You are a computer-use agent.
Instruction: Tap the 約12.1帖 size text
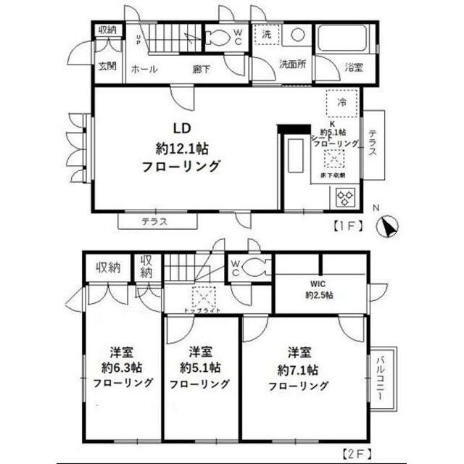183,148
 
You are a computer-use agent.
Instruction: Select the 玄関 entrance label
107,66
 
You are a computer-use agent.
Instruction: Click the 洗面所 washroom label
293,64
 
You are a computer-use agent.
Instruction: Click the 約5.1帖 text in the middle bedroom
200,368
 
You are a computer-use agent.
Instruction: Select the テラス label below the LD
154,221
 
